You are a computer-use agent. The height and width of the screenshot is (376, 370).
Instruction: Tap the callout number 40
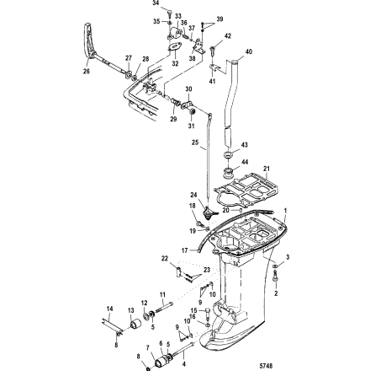pyautogui.click(x=248, y=51)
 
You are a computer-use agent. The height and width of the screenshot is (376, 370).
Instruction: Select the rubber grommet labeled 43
pyautogui.click(x=230, y=156)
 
